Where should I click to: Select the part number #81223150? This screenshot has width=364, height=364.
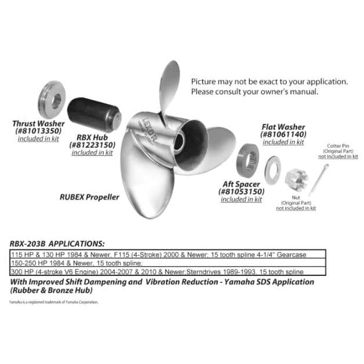tap(93, 144)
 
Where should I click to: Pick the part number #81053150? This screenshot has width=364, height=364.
tap(241, 191)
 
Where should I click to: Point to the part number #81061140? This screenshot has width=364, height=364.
tap(283, 134)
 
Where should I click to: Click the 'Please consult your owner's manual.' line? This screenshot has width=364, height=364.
tap(254, 92)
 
